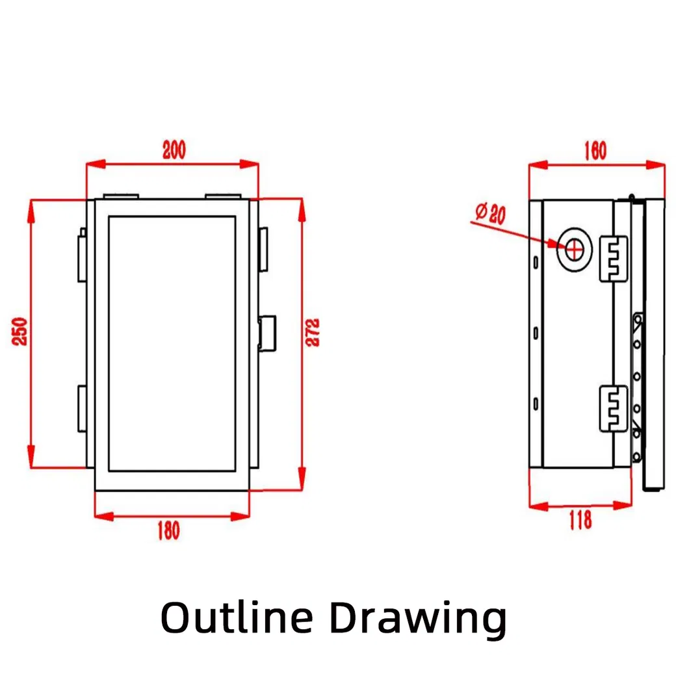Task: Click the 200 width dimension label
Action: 174,150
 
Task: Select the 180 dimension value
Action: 168,530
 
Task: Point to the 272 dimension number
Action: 313,332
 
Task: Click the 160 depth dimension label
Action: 594,151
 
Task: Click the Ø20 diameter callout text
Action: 491,213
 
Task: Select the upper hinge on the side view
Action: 613,258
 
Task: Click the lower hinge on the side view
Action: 613,408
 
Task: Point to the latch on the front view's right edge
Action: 267,332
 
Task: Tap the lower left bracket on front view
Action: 82,408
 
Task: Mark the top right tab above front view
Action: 224,195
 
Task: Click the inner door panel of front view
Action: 171,343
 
